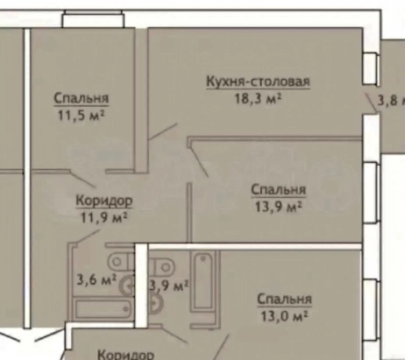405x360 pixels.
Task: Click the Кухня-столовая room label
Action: point(259,83)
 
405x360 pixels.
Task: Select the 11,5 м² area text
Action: point(81,114)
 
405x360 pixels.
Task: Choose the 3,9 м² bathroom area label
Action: point(170,286)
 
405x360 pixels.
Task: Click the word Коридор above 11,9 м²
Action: point(103,201)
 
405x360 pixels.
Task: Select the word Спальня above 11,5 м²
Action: point(81,98)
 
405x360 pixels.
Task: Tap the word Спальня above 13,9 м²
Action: point(278,189)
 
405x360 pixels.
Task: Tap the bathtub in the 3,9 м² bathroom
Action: point(202,279)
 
